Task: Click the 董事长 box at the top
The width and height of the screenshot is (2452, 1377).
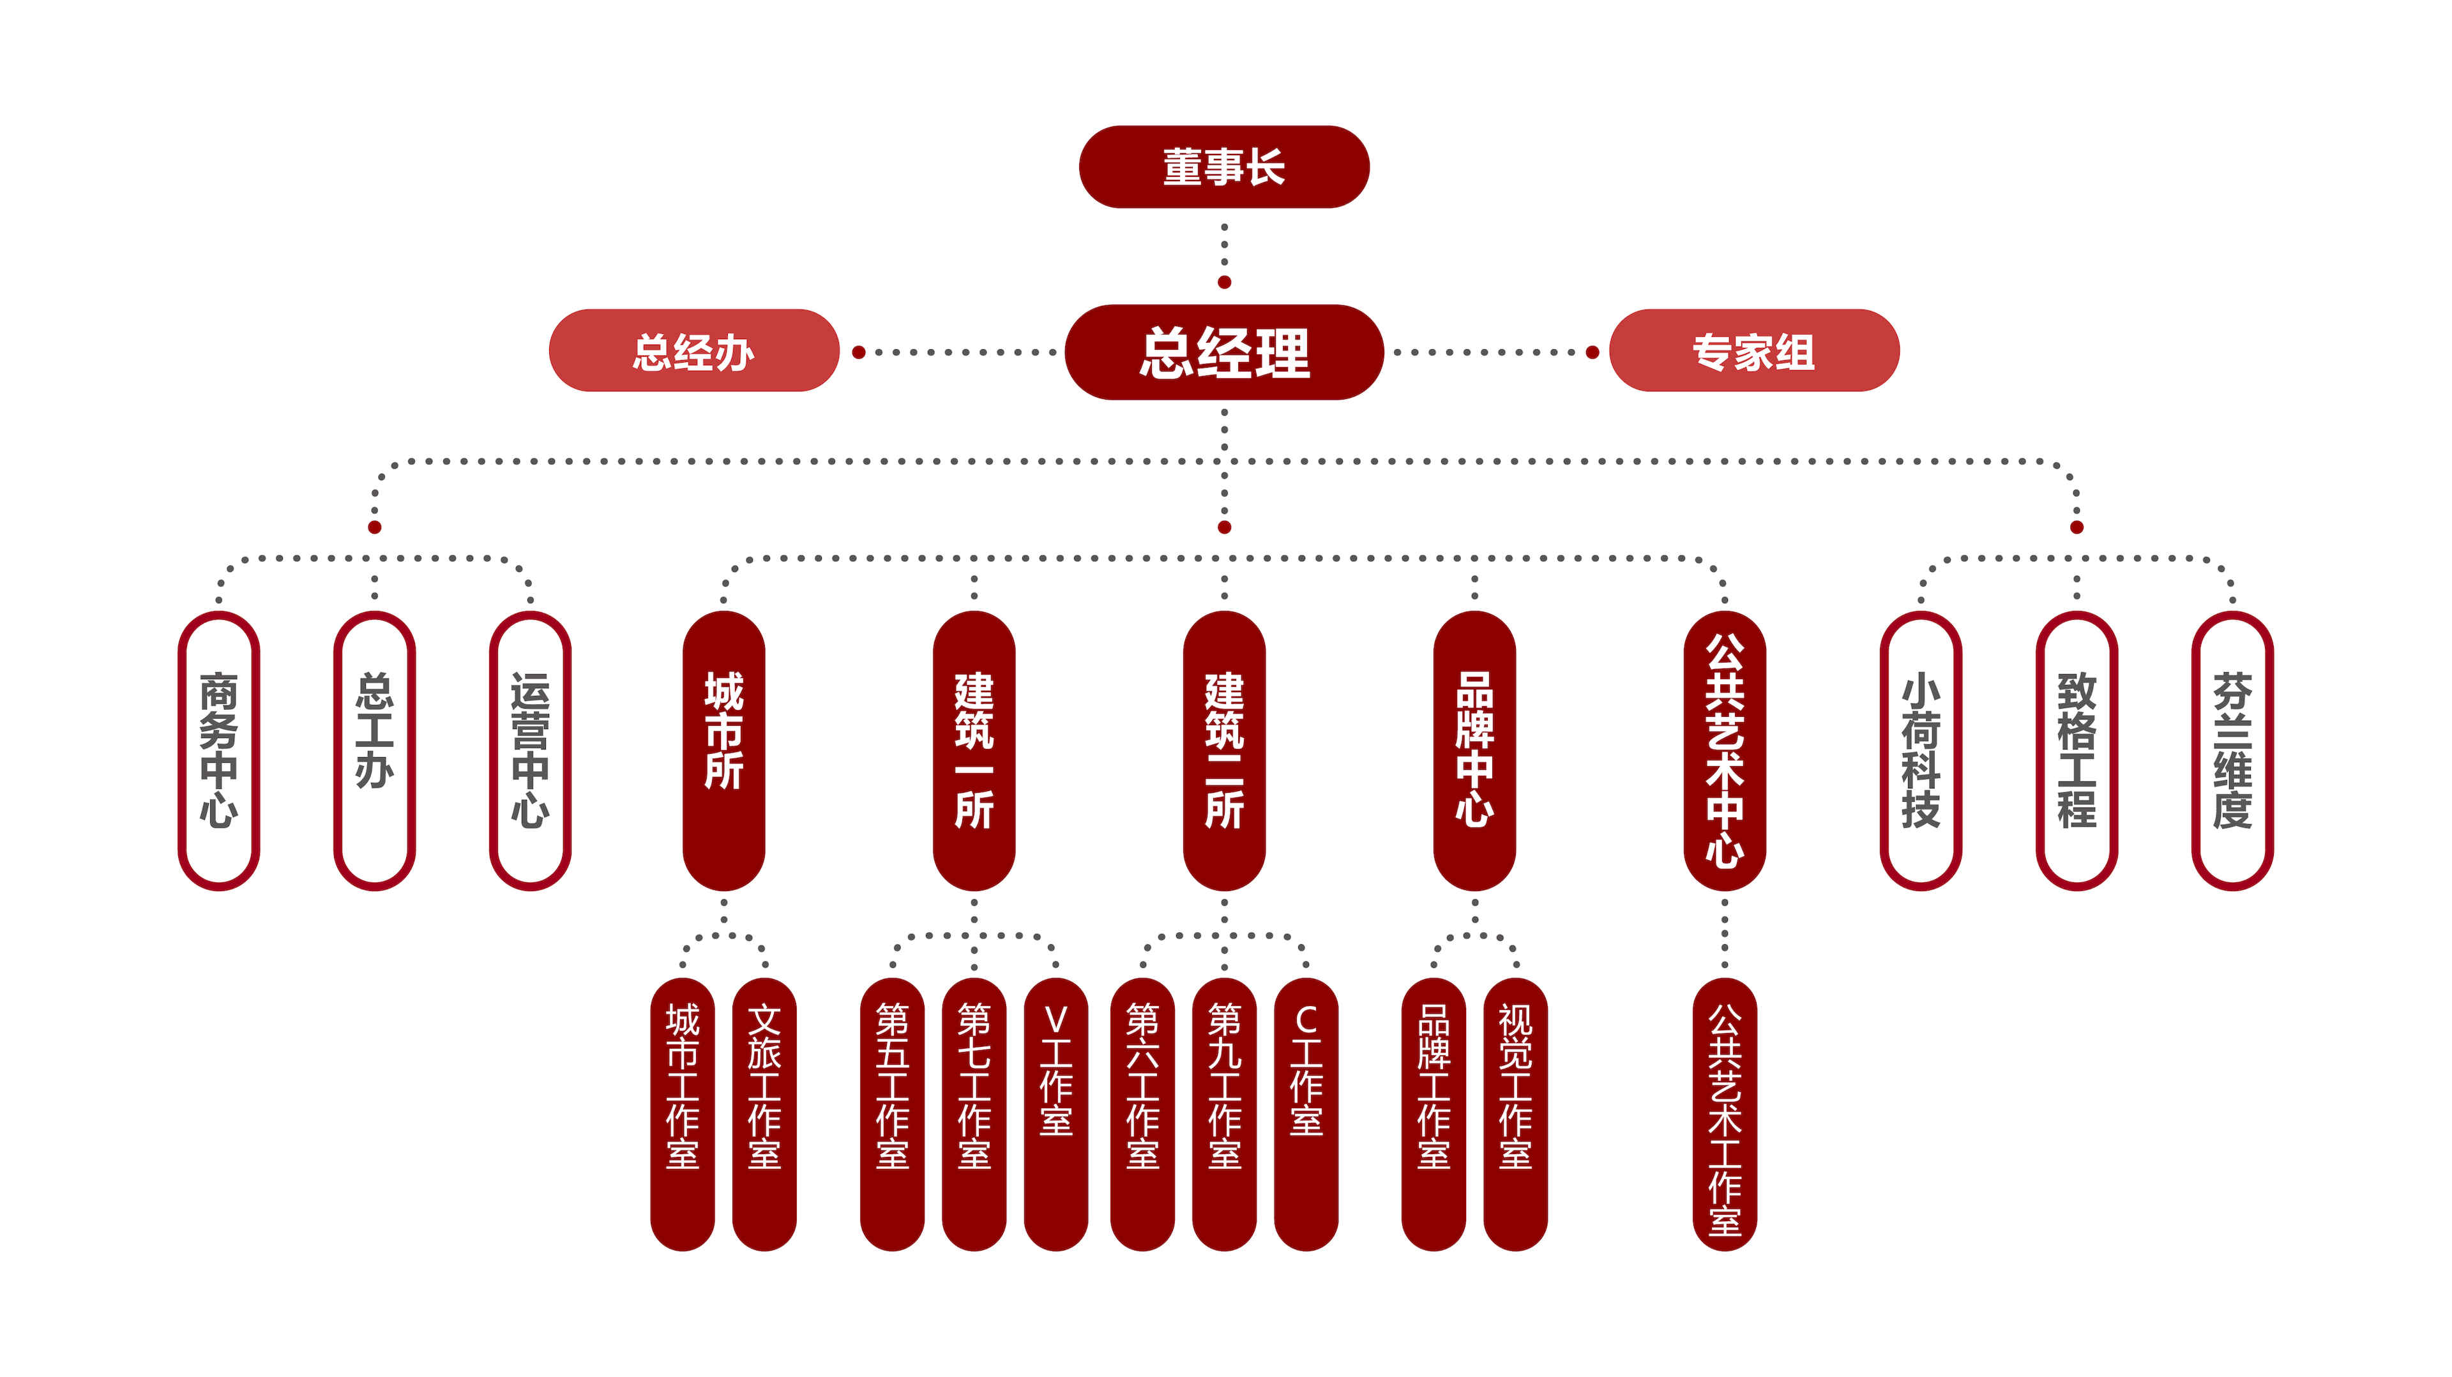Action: (1223, 167)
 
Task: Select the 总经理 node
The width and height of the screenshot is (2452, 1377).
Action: (1223, 352)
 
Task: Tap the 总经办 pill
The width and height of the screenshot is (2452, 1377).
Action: (694, 351)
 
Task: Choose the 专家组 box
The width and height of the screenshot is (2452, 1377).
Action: (1753, 351)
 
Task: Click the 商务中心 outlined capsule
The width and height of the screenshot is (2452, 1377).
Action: (219, 750)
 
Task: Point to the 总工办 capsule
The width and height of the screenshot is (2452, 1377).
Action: (374, 750)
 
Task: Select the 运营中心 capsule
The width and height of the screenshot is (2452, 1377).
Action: (530, 750)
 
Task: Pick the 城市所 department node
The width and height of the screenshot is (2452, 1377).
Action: (723, 750)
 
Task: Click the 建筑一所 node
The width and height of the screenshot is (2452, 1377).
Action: (974, 750)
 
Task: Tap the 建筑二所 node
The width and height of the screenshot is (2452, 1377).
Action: (1224, 750)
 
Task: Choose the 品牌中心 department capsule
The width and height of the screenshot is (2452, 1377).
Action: (1474, 750)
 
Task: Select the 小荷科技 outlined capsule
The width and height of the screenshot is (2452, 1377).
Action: (1921, 750)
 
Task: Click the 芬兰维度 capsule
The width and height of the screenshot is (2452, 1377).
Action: (2232, 750)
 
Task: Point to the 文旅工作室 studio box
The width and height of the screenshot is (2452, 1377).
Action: (764, 1113)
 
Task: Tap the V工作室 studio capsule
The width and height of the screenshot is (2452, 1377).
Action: (1056, 1113)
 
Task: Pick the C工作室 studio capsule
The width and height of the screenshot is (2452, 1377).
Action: (1306, 1113)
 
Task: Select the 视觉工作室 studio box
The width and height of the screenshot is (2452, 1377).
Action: (1515, 1113)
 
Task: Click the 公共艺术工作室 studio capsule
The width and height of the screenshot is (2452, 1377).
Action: (1725, 1113)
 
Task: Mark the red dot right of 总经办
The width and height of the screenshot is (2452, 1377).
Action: (859, 352)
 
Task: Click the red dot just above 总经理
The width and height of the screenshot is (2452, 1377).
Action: (1224, 283)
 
